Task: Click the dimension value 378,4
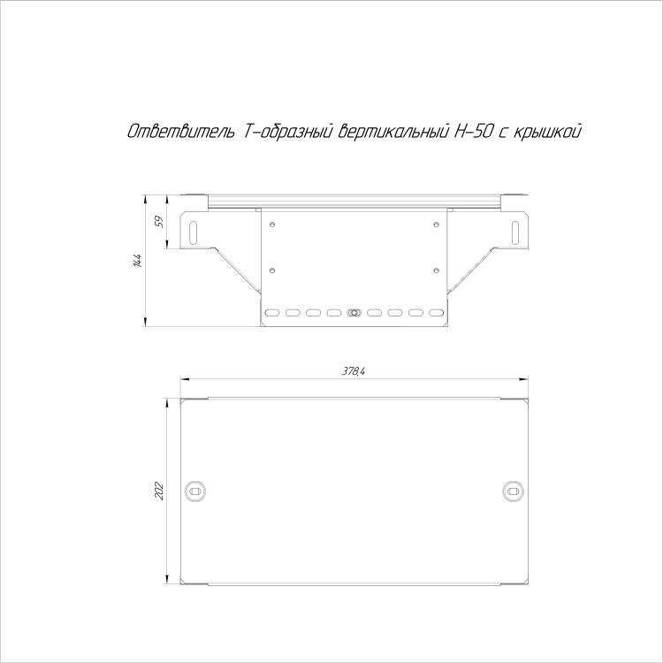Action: pos(354,371)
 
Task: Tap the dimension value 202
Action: pos(159,491)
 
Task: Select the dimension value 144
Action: pos(137,261)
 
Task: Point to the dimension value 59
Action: pos(159,222)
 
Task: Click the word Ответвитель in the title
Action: pos(181,132)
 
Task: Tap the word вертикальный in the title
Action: pos(392,132)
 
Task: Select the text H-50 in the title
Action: pos(473,132)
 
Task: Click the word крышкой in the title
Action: pos(547,132)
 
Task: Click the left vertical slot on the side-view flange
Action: pos(193,232)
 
